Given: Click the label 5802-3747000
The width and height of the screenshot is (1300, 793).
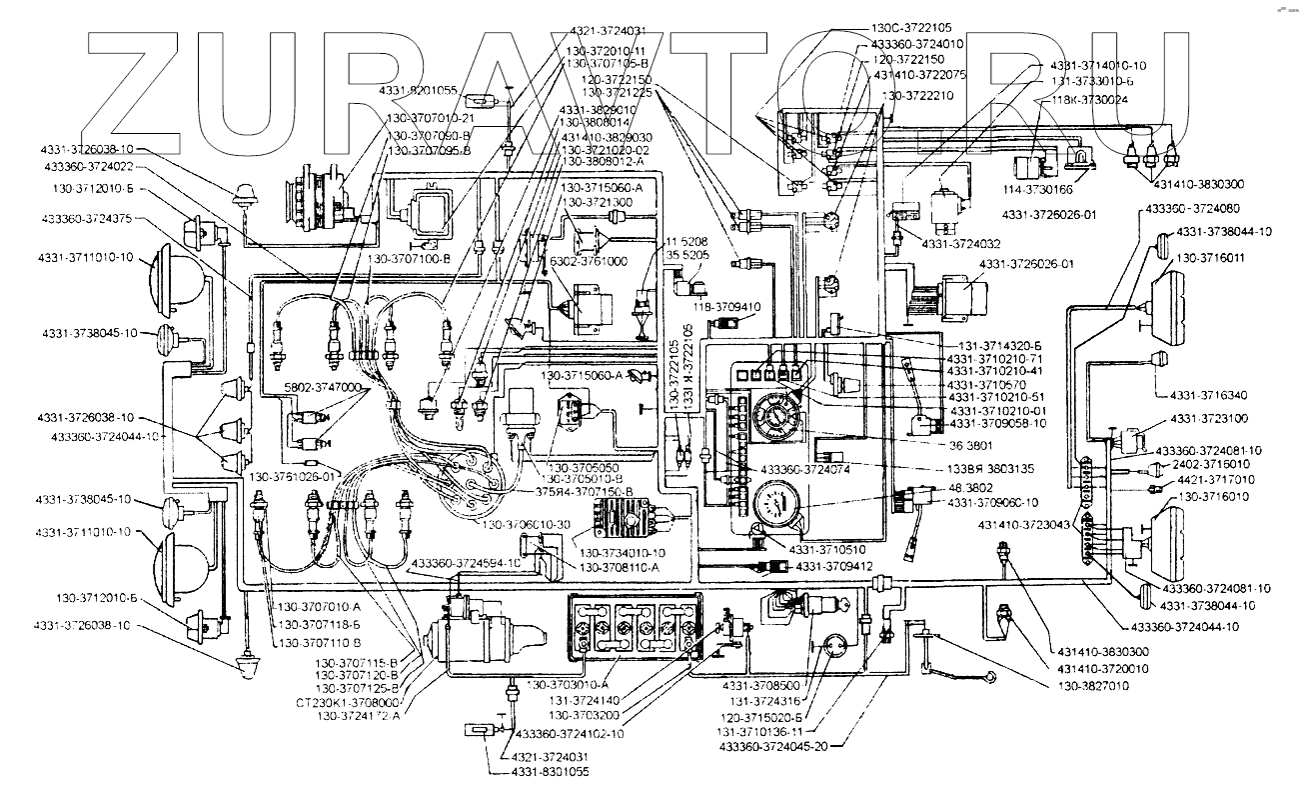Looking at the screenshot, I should [322, 385].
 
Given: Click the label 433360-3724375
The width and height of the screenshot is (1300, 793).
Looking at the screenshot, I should [87, 218].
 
